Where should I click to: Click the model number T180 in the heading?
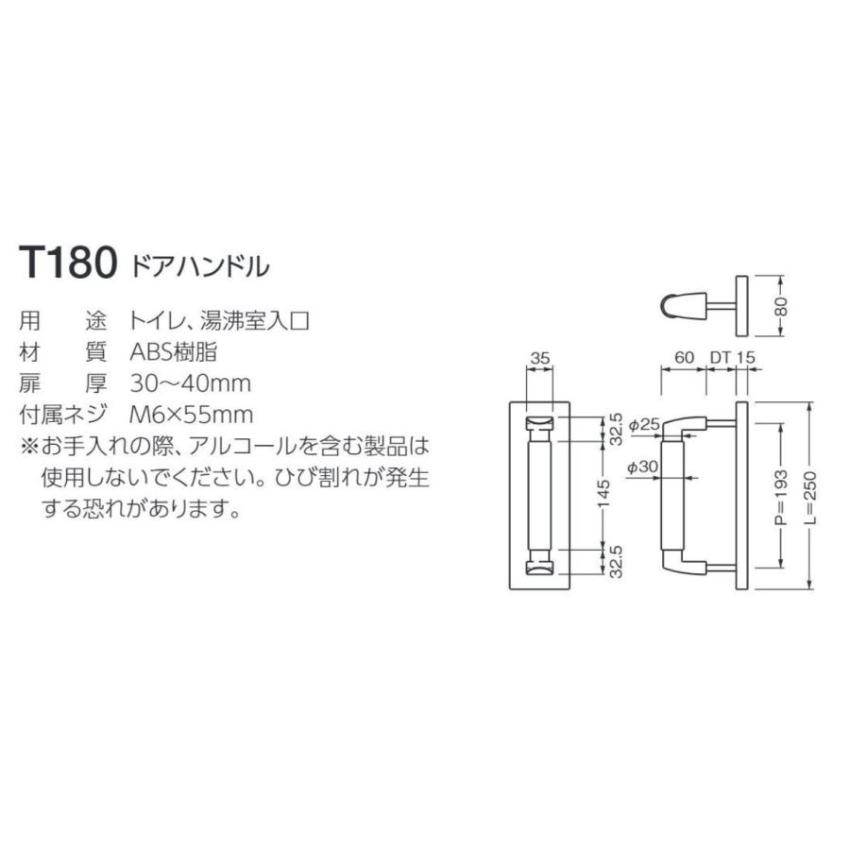[x=67, y=263]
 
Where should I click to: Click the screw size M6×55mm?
[x=192, y=414]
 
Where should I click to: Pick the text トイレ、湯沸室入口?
[x=220, y=320]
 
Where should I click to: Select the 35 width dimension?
[x=539, y=358]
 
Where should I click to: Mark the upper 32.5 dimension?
[x=616, y=429]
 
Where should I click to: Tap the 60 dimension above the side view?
[x=684, y=358]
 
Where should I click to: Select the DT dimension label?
[x=721, y=358]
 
